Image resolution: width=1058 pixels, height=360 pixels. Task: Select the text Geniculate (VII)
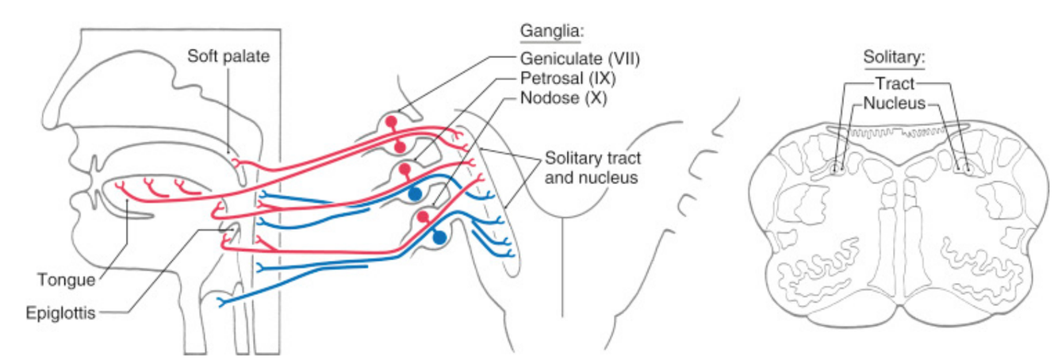[x=580, y=58]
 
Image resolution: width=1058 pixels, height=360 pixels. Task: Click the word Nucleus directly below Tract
[x=895, y=103]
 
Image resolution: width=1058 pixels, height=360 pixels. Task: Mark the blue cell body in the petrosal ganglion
[x=415, y=193]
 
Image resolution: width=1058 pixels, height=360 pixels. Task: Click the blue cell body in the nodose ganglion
[x=439, y=236]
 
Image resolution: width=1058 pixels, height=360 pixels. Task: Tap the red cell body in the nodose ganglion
[x=423, y=216]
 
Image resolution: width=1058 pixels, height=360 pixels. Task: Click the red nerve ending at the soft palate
[x=236, y=162]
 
